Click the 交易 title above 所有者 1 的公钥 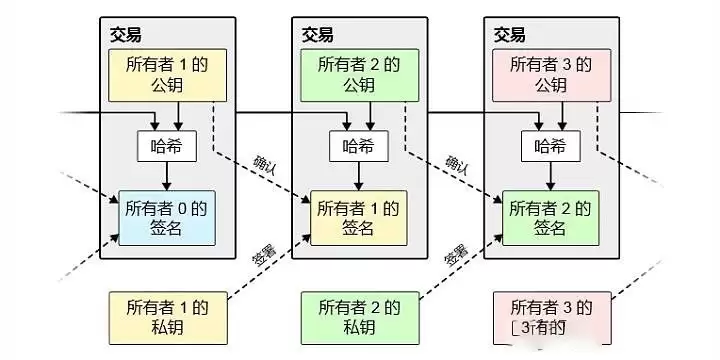pos(126,35)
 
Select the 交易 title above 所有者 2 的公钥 pos(317,35)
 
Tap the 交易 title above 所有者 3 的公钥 pos(509,35)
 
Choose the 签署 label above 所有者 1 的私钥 pos(262,254)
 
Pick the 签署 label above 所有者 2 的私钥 pos(455,254)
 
